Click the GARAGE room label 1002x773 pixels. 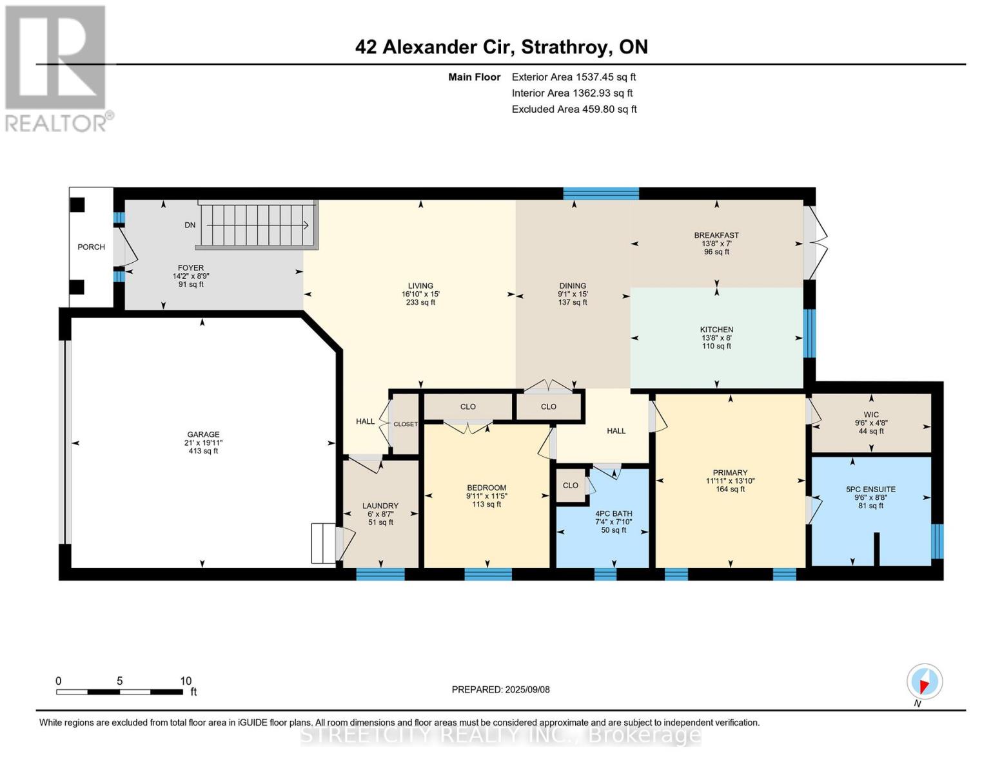(203, 434)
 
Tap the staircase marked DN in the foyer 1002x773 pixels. (258, 225)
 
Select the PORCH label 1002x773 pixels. (91, 247)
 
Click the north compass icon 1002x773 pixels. (925, 682)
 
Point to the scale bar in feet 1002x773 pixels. (119, 692)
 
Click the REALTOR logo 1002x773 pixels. (55, 68)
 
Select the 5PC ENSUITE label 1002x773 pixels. (870, 489)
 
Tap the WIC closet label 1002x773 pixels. (871, 415)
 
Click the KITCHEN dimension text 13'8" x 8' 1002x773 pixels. (716, 338)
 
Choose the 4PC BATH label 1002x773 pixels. (613, 513)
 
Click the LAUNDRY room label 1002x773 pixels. (380, 506)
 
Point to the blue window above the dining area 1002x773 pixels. (600, 193)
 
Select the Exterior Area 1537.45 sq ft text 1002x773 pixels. (574, 77)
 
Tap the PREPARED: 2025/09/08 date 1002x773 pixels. (500, 689)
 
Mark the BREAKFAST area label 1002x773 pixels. (716, 235)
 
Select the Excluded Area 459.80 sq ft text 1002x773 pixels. (574, 109)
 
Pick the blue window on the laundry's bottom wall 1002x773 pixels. (380, 574)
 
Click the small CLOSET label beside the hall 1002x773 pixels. (406, 424)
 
